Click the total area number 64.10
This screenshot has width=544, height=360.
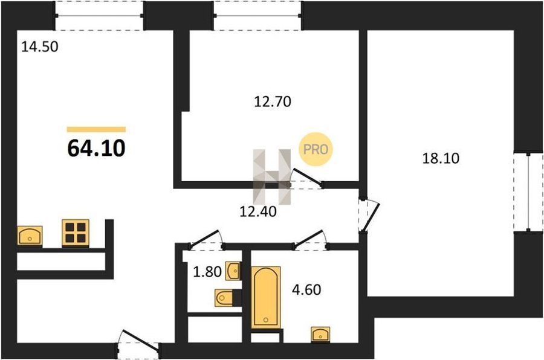pyautogui.click(x=96, y=148)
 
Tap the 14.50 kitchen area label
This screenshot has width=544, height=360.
pyautogui.click(x=40, y=47)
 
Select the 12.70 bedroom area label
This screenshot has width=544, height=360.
pyautogui.click(x=273, y=101)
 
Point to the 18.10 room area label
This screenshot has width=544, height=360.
pyautogui.click(x=441, y=158)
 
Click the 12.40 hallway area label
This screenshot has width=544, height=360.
pyautogui.click(x=258, y=211)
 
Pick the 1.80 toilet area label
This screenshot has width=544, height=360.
pyautogui.click(x=207, y=272)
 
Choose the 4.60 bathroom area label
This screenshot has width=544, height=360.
pyautogui.click(x=306, y=289)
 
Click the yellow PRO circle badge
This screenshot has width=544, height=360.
pyautogui.click(x=316, y=149)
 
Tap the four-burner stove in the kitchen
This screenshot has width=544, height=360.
pyautogui.click(x=76, y=233)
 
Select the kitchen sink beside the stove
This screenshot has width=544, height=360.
pyautogui.click(x=30, y=236)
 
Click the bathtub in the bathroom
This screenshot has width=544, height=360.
pyautogui.click(x=266, y=297)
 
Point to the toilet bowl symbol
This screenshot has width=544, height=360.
pyautogui.click(x=224, y=298)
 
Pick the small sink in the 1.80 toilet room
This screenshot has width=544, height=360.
pyautogui.click(x=233, y=271)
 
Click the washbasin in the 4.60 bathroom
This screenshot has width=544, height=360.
pyautogui.click(x=320, y=334)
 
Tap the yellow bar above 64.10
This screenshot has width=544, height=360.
pyautogui.click(x=96, y=129)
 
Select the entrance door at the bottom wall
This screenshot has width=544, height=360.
pyautogui.click(x=138, y=344)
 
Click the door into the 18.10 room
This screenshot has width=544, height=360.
pyautogui.click(x=370, y=215)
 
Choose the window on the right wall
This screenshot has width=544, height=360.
pyautogui.click(x=528, y=192)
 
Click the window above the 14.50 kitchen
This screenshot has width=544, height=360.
pyautogui.click(x=99, y=16)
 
